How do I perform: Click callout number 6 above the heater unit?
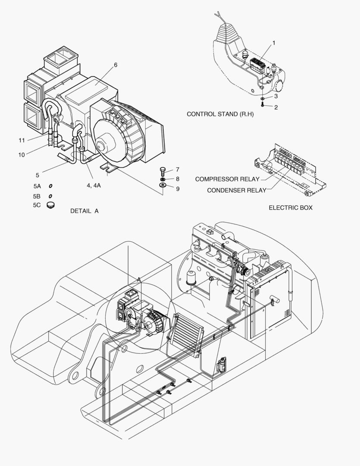116,65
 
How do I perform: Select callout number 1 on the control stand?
273,43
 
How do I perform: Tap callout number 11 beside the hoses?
22,140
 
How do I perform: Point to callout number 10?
22,154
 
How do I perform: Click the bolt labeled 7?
163,170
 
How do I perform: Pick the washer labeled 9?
163,186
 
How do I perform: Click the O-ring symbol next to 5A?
50,186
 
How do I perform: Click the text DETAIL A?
85,211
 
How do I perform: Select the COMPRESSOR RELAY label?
227,179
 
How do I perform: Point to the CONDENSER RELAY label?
236,190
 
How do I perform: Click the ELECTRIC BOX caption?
291,208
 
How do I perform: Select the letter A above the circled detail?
139,280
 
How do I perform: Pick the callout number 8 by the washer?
177,179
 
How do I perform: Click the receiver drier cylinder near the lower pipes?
222,365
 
